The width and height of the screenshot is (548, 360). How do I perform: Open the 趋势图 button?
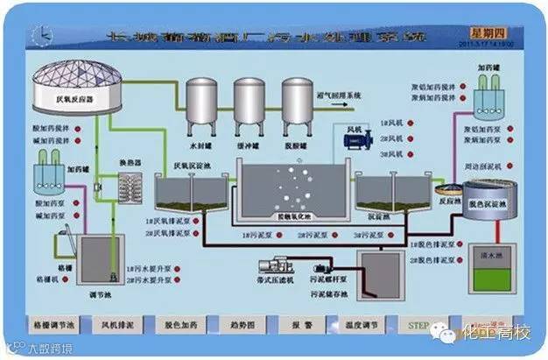(239, 324)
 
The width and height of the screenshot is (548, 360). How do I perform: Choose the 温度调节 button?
(362, 324)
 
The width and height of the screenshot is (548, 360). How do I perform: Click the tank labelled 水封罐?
(203, 105)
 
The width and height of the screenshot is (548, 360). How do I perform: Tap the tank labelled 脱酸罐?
(297, 105)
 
